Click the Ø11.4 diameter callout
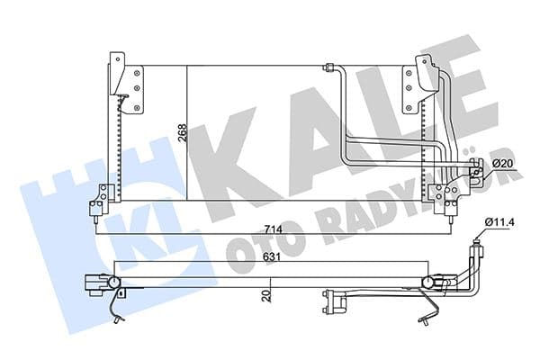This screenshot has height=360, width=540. pos(500,221)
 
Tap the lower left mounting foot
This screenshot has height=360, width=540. pos(102,200)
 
